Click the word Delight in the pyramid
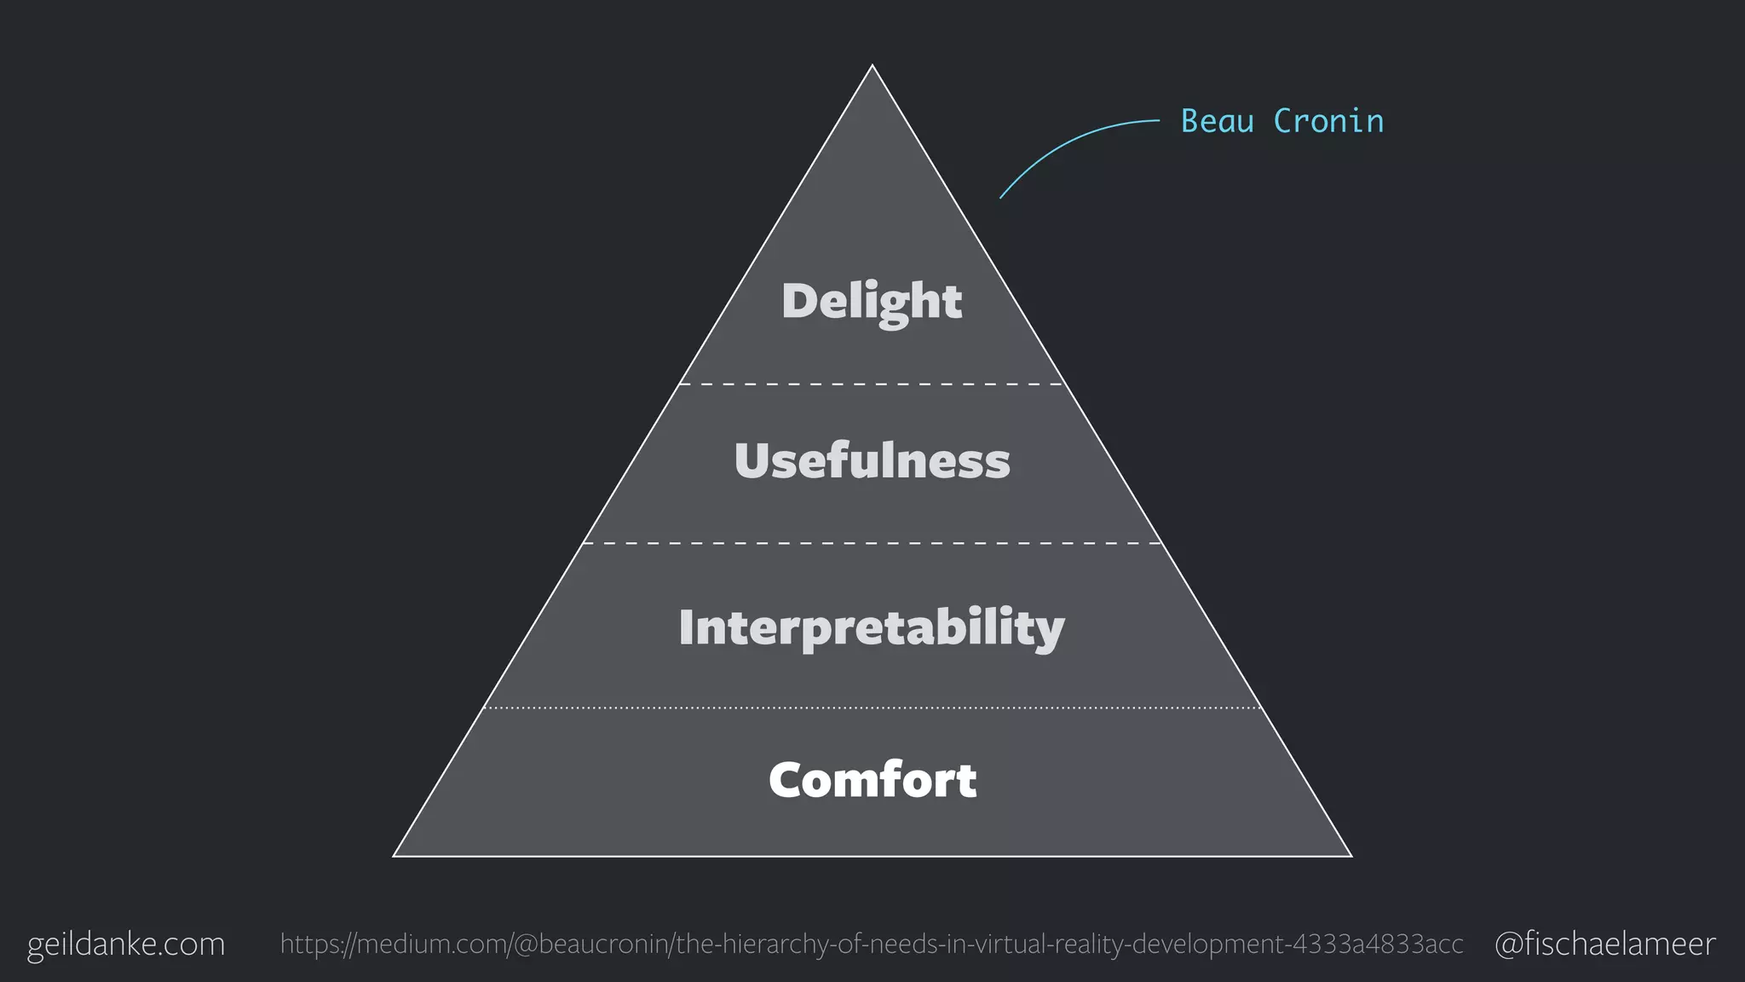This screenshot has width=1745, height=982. [872, 301]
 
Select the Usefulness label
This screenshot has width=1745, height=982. [872, 461]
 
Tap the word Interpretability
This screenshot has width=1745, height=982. [872, 627]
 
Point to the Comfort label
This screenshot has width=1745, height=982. [872, 780]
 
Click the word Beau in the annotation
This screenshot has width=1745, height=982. [1217, 122]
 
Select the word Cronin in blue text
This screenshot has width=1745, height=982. [1328, 122]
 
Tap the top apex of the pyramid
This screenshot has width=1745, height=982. [872, 66]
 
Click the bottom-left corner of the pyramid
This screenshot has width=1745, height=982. [394, 855]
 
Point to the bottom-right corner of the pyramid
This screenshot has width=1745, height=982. [1351, 855]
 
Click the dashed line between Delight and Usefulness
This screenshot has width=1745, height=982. [872, 384]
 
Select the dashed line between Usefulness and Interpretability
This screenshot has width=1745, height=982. [872, 543]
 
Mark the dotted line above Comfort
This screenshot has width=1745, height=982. [872, 708]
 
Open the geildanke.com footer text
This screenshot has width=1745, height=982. [126, 944]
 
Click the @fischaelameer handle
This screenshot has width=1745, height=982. [1604, 944]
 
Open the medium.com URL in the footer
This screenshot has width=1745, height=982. [872, 944]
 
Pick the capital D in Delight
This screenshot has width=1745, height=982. [800, 301]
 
